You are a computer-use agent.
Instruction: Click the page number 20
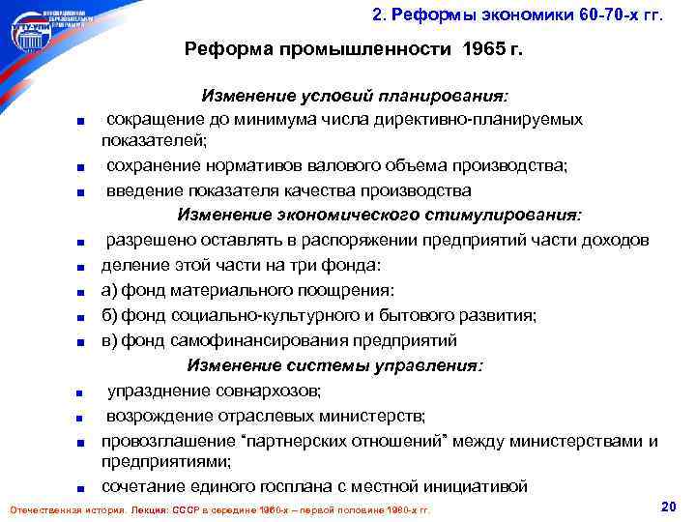[x=666, y=507]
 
